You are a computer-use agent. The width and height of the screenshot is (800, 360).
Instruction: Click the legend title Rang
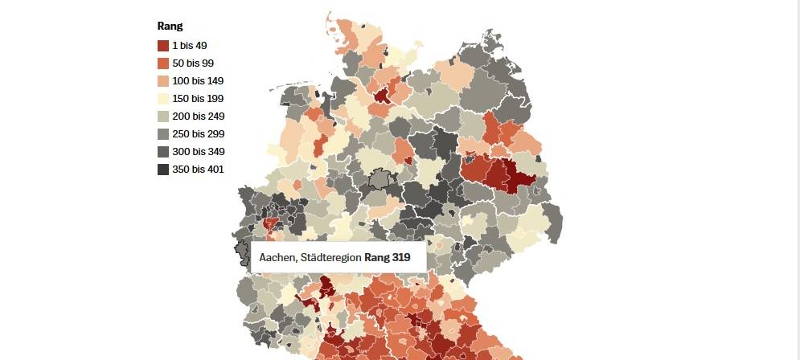170,27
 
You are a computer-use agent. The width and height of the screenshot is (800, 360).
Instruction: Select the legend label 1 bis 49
189,46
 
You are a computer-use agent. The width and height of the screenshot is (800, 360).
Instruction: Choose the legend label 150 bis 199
197,99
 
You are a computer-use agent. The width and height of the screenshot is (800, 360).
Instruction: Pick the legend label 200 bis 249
198,117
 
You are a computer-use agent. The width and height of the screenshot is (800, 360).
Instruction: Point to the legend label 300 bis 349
198,152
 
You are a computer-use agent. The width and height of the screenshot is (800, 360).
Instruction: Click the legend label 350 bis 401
198,170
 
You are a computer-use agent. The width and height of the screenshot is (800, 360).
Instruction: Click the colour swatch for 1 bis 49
163,46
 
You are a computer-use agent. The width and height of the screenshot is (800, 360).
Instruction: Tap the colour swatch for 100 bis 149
163,81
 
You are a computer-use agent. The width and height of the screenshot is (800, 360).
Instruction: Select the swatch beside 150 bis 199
163,99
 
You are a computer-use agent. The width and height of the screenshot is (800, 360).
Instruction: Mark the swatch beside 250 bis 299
163,134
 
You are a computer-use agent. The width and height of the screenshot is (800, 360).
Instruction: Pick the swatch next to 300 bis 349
163,152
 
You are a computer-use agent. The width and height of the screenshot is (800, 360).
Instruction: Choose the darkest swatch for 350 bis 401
163,170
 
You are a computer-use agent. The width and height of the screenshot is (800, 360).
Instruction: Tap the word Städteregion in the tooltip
331,258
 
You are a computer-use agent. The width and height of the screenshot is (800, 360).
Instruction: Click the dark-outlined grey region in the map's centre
379,178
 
